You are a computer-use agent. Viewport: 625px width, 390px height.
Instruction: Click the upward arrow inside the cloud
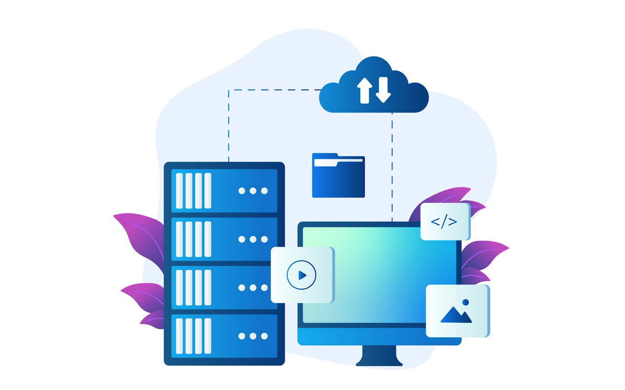pyautogui.click(x=364, y=90)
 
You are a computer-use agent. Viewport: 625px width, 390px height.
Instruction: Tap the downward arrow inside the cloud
pyautogui.click(x=383, y=90)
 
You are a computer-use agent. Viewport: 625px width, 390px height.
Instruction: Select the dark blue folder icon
pyautogui.click(x=338, y=176)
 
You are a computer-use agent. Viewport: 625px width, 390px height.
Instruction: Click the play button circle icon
pyautogui.click(x=301, y=275)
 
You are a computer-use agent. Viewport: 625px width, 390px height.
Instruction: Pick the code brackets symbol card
pyautogui.click(x=444, y=222)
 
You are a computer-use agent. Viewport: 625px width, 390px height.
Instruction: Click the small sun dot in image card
pyautogui.click(x=465, y=302)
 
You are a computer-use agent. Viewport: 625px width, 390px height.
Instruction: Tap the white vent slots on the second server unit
pyautogui.click(x=194, y=239)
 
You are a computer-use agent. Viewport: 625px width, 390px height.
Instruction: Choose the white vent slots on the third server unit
pyautogui.click(x=194, y=288)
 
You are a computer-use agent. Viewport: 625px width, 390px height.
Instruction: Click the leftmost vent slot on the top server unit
pyautogui.click(x=179, y=191)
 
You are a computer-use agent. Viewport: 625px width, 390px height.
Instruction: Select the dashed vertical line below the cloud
pyautogui.click(x=392, y=166)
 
